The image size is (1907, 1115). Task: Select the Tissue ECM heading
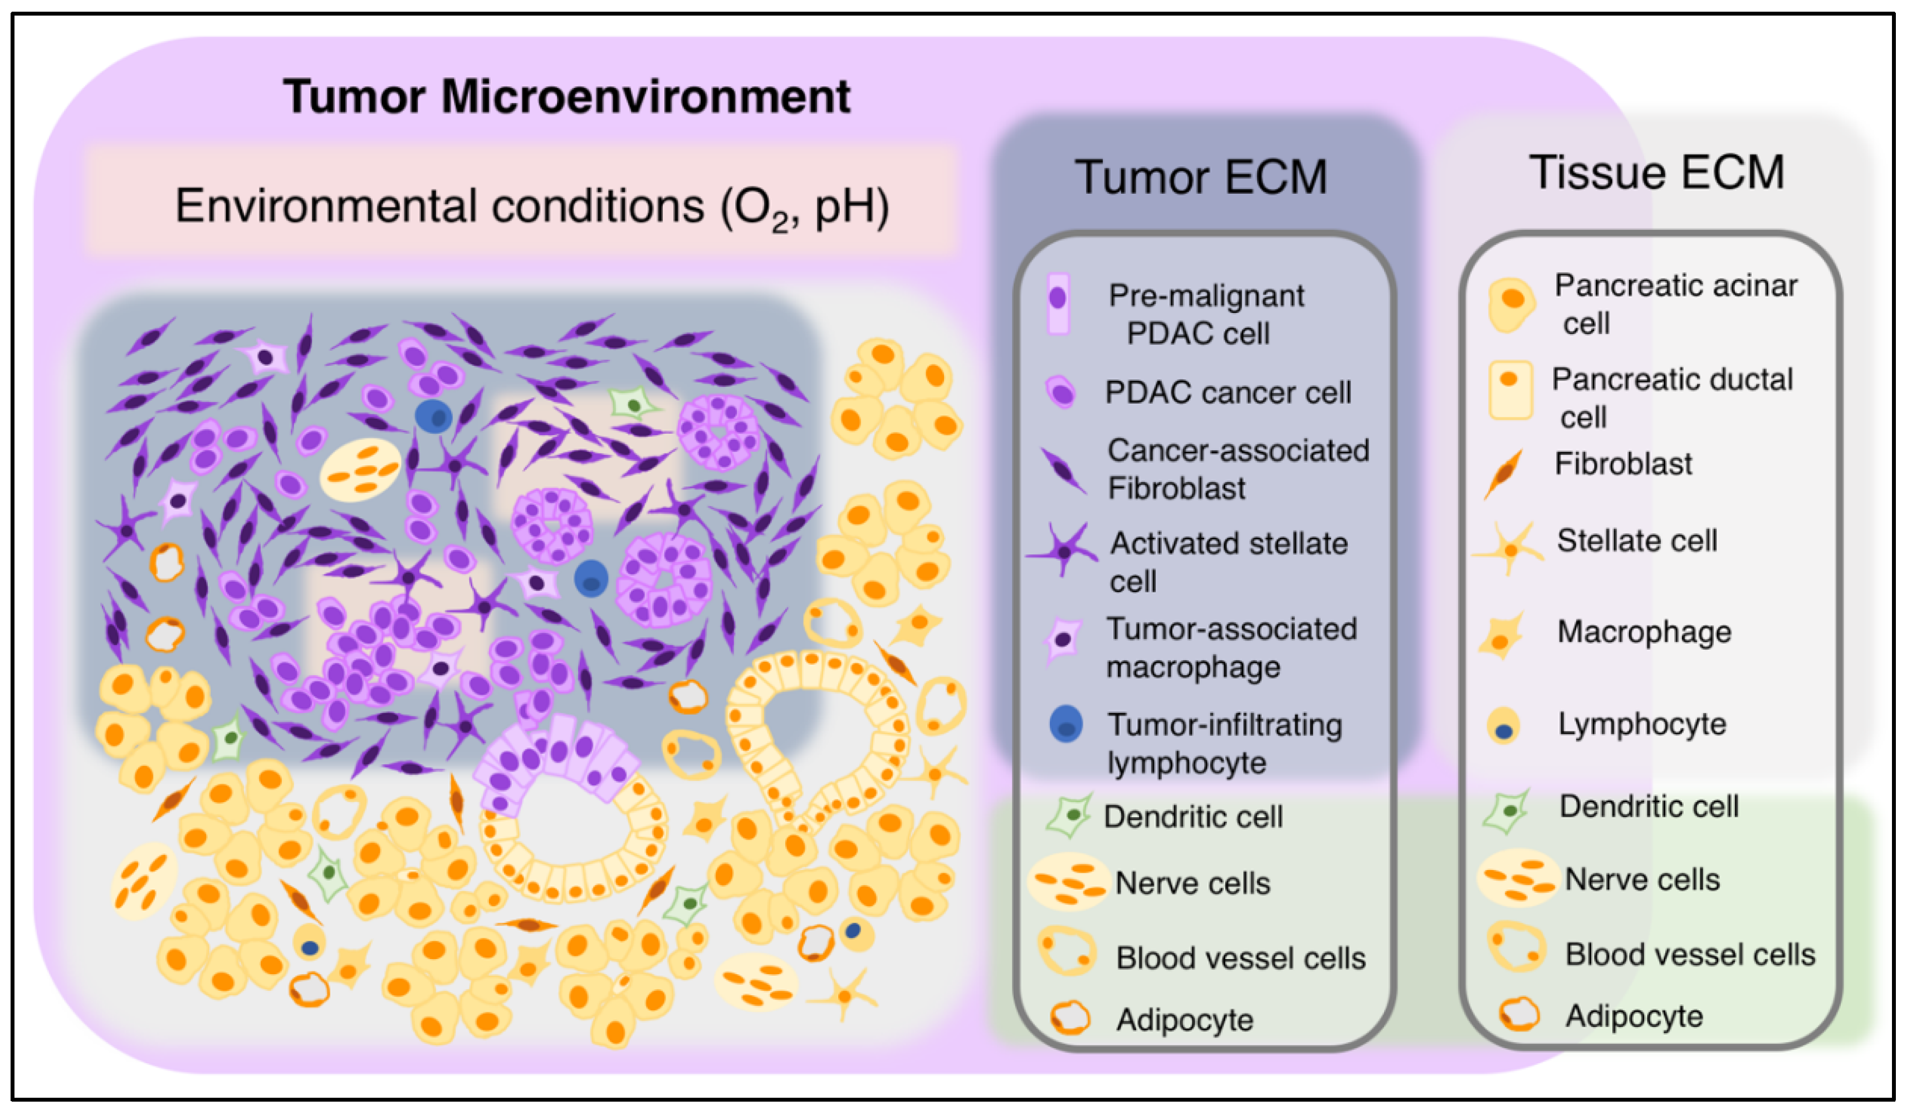1656,173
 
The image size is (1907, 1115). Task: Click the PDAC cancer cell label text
1227,392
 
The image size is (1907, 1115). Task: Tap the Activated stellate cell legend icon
1063,550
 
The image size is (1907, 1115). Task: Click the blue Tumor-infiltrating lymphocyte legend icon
1065,724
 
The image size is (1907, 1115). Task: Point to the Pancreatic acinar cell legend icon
1510,303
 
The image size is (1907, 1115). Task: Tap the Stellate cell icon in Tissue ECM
1510,548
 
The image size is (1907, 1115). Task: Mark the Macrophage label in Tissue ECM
1644,632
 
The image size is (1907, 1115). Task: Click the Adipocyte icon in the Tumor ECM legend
1070,1018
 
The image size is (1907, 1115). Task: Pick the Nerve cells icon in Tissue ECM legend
1517,877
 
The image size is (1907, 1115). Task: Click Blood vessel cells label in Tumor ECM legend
1240,959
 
